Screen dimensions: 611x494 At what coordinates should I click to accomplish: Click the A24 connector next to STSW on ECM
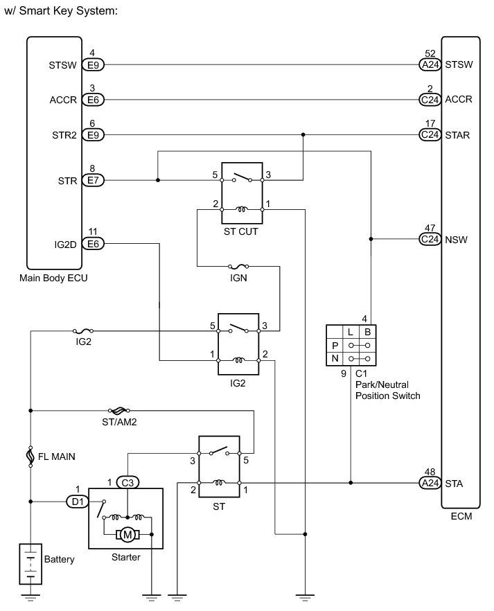(x=430, y=65)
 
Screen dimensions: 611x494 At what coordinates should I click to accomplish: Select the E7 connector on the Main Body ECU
(x=92, y=181)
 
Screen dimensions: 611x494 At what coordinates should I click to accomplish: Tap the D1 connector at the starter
(x=77, y=500)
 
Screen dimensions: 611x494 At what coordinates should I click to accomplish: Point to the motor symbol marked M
(x=127, y=534)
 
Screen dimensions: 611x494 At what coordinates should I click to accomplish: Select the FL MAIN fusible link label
(x=56, y=457)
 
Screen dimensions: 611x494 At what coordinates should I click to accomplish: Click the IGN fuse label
(x=239, y=278)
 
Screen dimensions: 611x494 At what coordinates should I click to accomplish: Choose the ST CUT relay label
(x=240, y=232)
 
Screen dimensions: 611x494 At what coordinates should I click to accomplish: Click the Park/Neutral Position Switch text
(x=387, y=391)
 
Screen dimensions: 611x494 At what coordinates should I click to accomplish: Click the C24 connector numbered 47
(x=430, y=240)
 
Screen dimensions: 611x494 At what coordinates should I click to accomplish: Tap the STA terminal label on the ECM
(x=455, y=482)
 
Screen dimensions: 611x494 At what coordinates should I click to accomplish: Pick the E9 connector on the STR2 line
(x=92, y=134)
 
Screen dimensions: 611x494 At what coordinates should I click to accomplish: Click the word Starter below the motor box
(x=125, y=556)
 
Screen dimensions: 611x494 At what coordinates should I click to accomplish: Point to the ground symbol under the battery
(x=30, y=596)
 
